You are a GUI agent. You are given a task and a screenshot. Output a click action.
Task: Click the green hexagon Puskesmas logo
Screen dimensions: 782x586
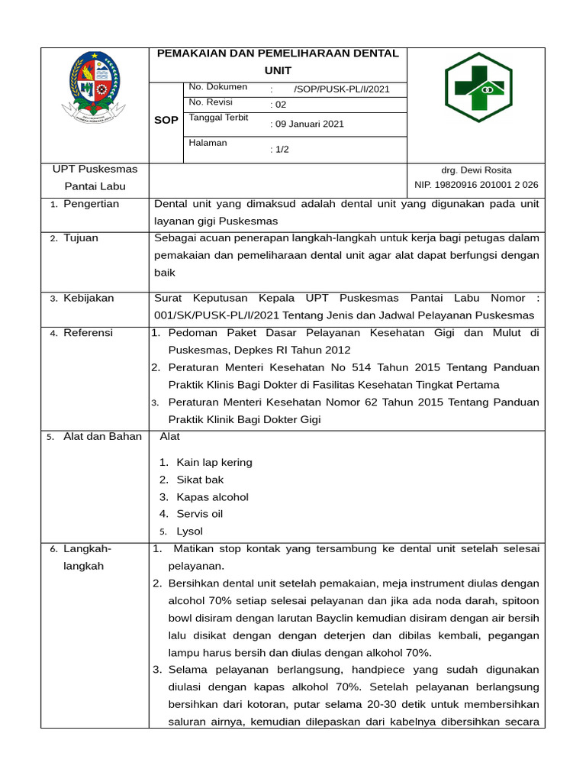click(478, 92)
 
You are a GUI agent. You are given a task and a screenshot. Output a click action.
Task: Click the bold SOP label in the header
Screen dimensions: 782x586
click(166, 121)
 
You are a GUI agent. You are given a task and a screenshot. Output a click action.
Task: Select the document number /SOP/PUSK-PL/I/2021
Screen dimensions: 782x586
click(341, 89)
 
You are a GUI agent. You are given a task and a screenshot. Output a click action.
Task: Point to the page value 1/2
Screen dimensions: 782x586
click(281, 150)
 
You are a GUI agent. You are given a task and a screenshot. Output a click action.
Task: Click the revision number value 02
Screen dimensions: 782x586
click(279, 105)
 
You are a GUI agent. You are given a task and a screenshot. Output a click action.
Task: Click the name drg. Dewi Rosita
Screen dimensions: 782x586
click(476, 170)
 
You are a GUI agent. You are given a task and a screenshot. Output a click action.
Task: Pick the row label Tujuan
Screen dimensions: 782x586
click(81, 238)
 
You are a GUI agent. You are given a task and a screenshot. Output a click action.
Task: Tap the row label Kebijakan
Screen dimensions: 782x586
click(89, 298)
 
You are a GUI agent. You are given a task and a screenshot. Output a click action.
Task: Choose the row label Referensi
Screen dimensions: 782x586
click(88, 332)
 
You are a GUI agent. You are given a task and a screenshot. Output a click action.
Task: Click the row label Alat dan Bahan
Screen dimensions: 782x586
click(102, 437)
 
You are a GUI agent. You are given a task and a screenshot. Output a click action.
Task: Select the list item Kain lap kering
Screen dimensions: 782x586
click(214, 463)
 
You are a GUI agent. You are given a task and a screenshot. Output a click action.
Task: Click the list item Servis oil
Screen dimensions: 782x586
click(199, 514)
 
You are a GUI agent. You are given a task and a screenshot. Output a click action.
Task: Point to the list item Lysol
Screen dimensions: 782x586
click(189, 532)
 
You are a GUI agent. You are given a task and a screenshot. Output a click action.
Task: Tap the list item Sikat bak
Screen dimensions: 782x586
click(200, 480)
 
